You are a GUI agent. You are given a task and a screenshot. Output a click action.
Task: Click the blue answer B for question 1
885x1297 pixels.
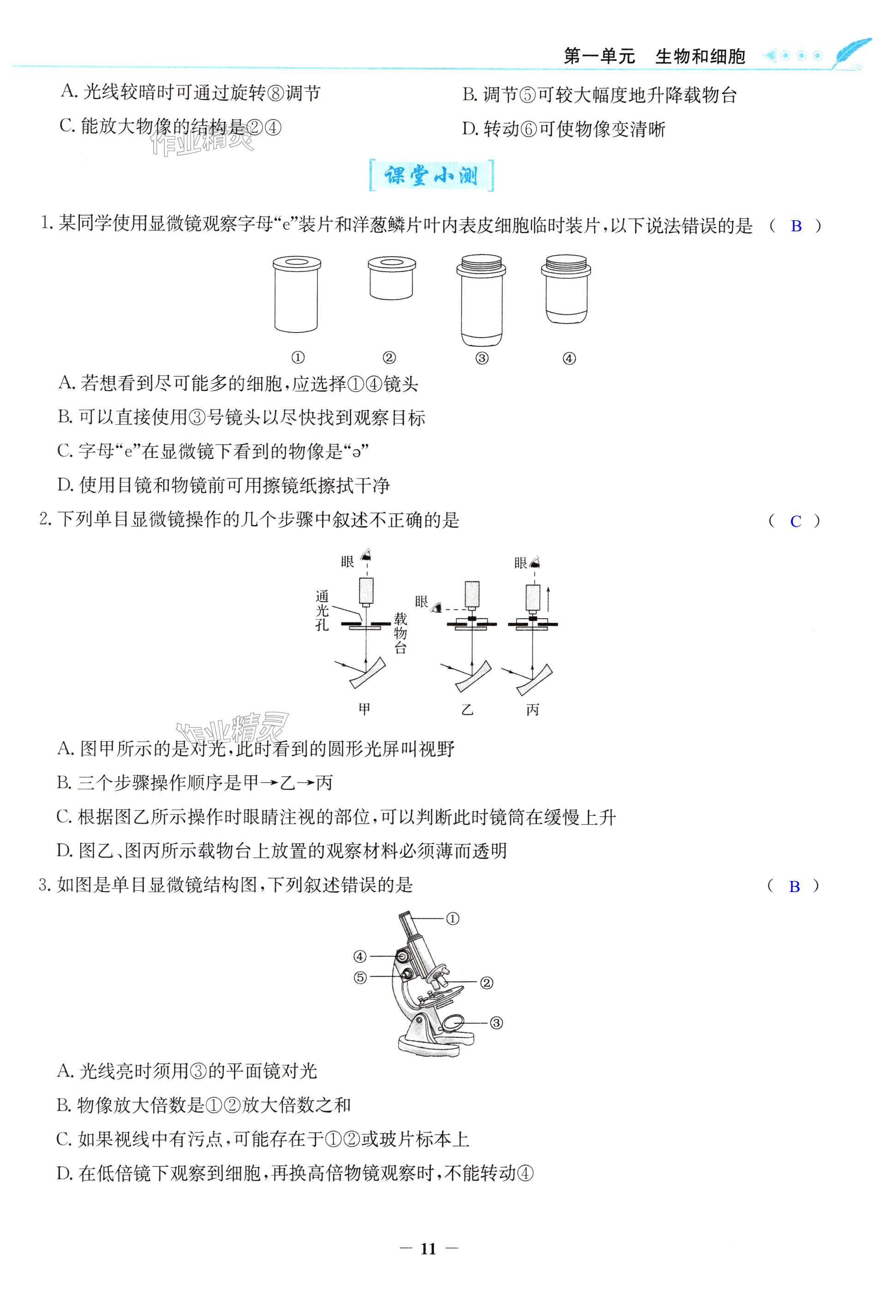(796, 226)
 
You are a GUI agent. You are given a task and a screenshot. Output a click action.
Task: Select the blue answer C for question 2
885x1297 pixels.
(795, 521)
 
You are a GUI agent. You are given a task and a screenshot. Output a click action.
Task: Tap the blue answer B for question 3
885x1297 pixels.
(794, 886)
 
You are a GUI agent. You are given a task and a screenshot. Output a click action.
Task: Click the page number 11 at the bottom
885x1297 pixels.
(428, 1249)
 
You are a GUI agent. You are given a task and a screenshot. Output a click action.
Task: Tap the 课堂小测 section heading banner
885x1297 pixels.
(431, 176)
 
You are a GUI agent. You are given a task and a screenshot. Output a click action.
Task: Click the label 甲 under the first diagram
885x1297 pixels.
(364, 709)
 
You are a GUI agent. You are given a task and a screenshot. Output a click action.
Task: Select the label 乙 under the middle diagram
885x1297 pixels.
(467, 710)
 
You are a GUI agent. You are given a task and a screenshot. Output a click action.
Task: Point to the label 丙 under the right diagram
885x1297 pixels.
(532, 710)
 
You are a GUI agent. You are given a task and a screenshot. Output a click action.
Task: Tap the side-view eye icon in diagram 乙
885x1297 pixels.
(441, 607)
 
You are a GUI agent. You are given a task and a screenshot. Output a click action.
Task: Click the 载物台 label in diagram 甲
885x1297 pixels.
(400, 633)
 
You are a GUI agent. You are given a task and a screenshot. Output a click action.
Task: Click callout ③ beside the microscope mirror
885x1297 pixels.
(496, 1023)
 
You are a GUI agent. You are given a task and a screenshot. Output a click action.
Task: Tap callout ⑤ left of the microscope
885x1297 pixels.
(360, 978)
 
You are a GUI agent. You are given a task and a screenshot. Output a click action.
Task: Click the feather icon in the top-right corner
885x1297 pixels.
(850, 54)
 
